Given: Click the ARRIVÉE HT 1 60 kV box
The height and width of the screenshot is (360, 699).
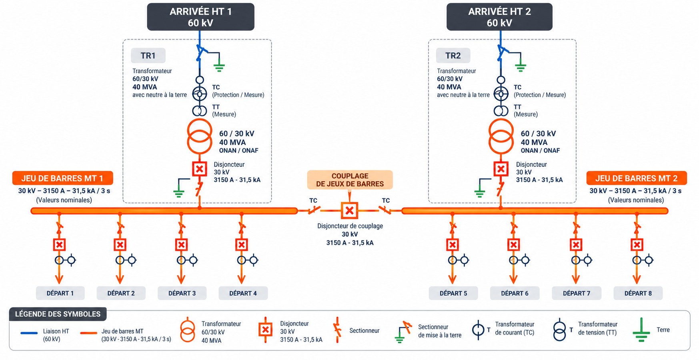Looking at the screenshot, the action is [x=200, y=17].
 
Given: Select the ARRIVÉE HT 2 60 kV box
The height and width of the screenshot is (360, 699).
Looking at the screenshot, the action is [x=499, y=17].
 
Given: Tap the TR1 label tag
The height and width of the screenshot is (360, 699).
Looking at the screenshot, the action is [x=148, y=56].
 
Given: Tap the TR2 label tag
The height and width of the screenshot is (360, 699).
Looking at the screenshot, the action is [x=453, y=56].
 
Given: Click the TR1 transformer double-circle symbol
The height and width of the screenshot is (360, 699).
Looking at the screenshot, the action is [x=200, y=136].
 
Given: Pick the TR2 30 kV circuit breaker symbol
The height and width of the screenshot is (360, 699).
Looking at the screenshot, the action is [x=501, y=169].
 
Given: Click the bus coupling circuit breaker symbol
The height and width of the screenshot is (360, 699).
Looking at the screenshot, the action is [x=349, y=210].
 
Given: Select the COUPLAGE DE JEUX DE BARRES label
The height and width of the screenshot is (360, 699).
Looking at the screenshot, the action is [x=350, y=180].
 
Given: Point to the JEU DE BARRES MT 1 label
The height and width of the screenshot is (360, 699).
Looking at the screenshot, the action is [x=62, y=178].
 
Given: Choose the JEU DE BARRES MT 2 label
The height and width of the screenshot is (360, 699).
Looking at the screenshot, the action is [x=637, y=178].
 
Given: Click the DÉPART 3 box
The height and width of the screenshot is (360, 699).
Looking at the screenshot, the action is [x=182, y=293].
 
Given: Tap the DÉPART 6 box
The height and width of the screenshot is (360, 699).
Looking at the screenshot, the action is [x=515, y=293].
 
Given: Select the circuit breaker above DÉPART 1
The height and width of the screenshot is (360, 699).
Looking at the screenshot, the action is [x=59, y=245].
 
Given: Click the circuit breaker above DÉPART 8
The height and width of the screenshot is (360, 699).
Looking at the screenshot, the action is [x=637, y=245].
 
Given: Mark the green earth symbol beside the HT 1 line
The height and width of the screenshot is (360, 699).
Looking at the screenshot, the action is [x=219, y=66].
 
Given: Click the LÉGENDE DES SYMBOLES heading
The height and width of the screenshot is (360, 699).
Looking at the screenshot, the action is [x=58, y=314].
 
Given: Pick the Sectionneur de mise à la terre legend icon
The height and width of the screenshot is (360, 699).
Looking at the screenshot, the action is [x=403, y=332].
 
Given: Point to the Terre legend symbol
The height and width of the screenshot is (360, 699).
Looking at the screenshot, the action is [x=641, y=330].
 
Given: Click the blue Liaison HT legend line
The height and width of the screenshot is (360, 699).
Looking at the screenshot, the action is [x=29, y=333].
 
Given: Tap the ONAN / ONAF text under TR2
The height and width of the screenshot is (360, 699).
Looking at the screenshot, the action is [x=540, y=150].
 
